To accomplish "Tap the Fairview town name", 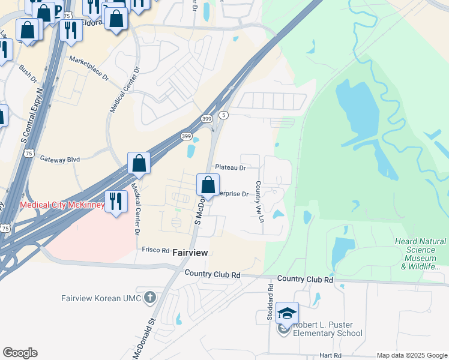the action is [190, 253].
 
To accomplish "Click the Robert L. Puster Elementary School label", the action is [327, 329].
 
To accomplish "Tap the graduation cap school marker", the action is [287, 314].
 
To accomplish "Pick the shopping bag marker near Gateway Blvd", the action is [139, 163].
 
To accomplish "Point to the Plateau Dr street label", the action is [231, 168].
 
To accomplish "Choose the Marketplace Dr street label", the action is [89, 69].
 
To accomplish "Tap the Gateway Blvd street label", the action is [60, 159].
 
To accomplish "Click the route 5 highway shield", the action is [223, 115].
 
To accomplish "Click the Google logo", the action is [20, 353].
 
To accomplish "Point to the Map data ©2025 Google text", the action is [411, 355].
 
